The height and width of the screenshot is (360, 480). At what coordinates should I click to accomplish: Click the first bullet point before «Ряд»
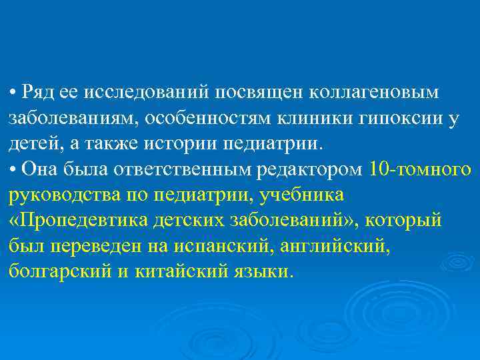pos(13,91)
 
